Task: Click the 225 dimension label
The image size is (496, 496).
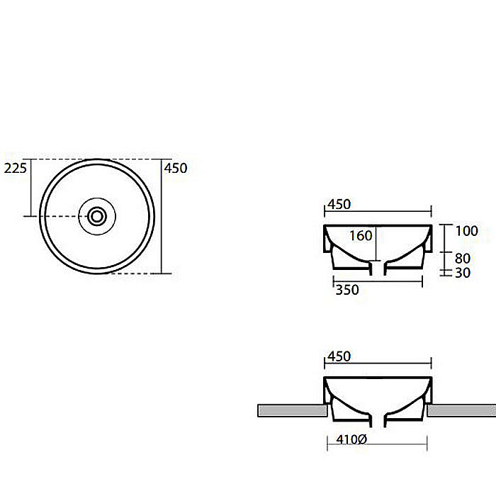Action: pos(15,168)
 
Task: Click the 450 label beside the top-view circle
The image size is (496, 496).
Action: pos(176,168)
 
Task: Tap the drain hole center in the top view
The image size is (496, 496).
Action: pos(97,216)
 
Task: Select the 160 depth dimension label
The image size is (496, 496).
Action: pos(361,236)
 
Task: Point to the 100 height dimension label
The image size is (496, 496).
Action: pos(466,231)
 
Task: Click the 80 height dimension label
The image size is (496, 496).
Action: pos(463,259)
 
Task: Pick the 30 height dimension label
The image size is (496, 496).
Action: pos(463,273)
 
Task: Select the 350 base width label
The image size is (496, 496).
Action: pos(347,290)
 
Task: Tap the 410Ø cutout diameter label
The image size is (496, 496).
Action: pos(351,439)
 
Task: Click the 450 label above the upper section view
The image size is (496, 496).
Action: pos(339,204)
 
